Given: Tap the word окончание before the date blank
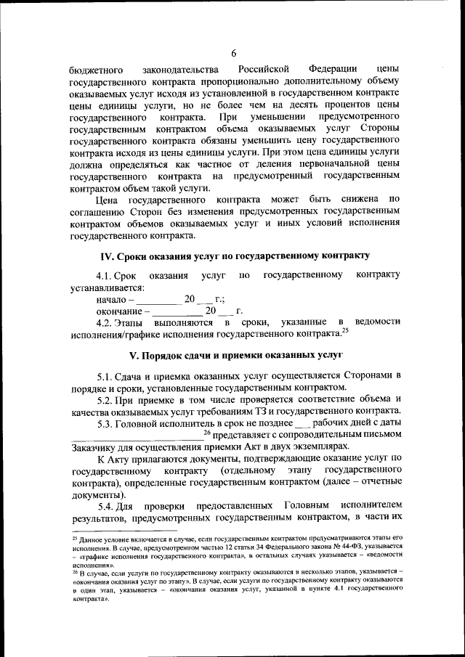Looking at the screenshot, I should [x=119, y=311].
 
